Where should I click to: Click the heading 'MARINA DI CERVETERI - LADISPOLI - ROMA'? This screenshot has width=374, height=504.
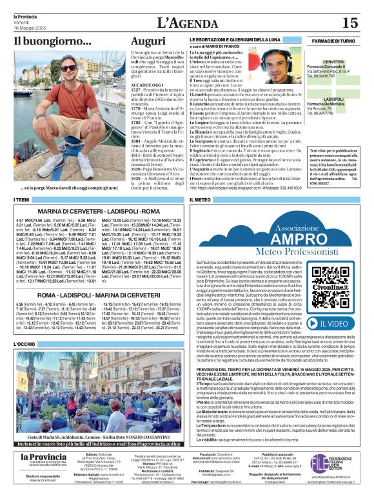[x=99, y=211]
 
